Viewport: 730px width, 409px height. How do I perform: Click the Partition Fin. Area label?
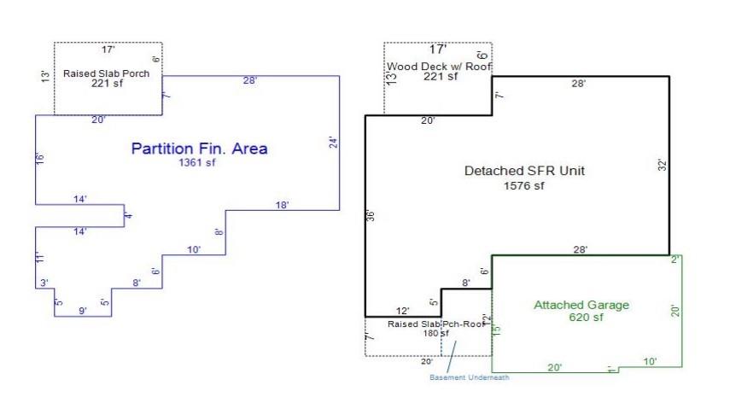tap(199, 149)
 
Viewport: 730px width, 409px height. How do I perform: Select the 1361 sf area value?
tap(197, 163)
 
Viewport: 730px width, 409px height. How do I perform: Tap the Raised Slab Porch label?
tap(107, 73)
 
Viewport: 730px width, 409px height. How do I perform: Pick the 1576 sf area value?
tap(524, 185)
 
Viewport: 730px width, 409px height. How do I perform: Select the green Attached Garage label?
tap(581, 305)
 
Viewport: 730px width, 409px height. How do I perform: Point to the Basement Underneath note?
tap(469, 377)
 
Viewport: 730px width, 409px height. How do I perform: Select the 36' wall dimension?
tap(371, 216)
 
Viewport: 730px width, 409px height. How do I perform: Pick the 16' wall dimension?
tap(39, 159)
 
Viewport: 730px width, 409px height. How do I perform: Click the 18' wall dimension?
tap(282, 205)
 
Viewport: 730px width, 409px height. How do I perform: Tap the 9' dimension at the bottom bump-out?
tap(83, 311)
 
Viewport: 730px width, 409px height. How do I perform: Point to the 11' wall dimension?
tap(39, 258)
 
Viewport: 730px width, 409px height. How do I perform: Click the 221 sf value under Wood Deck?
tap(441, 77)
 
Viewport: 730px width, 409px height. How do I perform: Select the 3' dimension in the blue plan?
tap(44, 283)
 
